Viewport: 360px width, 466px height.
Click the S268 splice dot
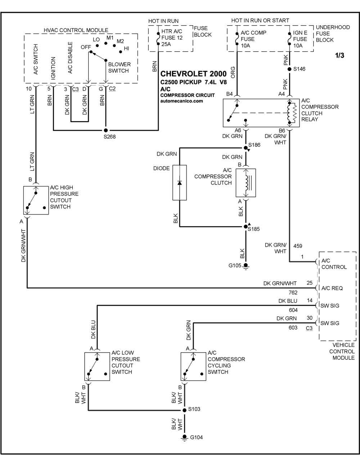coord(105,130)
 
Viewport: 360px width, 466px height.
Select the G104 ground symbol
coord(184,438)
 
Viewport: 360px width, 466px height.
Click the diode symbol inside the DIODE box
coord(180,183)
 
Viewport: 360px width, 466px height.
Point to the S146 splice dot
coord(289,69)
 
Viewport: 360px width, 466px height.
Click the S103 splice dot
coord(184,410)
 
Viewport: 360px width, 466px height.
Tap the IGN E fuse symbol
coord(289,39)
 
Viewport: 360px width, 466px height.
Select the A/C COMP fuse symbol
coord(237,39)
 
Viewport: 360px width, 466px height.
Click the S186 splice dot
coord(246,148)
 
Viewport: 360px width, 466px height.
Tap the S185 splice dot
coord(246,227)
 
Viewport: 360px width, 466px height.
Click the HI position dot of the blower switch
coord(121,52)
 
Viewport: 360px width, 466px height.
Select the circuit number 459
coord(298,246)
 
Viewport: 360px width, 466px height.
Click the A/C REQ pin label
coord(332,288)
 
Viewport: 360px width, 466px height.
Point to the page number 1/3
coord(339,55)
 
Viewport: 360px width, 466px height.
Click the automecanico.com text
coord(181,101)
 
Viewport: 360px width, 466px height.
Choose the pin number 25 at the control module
coord(310,283)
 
